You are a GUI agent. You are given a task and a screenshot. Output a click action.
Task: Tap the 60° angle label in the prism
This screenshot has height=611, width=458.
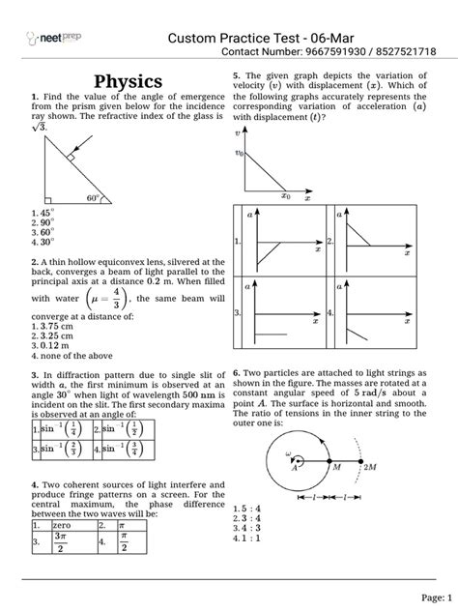[x=93, y=198]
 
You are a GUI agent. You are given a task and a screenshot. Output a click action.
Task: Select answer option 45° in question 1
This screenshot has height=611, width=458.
[x=45, y=212]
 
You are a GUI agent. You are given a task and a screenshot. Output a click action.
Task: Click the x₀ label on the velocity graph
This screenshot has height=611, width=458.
[x=285, y=196]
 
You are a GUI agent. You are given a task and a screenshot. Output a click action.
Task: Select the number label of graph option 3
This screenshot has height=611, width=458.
[x=238, y=313]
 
